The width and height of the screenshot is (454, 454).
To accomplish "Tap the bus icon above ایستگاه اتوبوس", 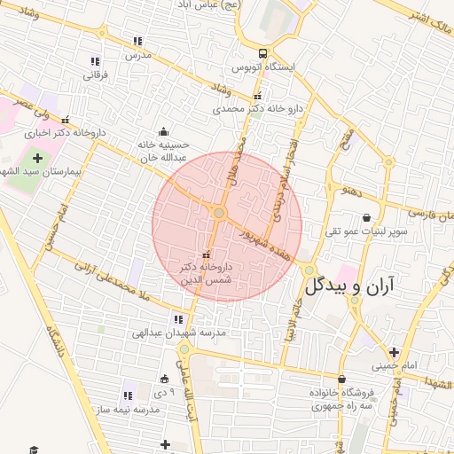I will pyautogui.click(x=262, y=52).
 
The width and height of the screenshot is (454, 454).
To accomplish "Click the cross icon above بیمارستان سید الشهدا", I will pyautogui.click(x=37, y=157).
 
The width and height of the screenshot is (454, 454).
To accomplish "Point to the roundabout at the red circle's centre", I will pyautogui.click(x=219, y=213).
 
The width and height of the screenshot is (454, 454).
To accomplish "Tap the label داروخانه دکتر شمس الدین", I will pyautogui.click(x=205, y=272).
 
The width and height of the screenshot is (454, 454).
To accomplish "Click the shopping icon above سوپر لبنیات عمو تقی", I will pyautogui.click(x=367, y=217).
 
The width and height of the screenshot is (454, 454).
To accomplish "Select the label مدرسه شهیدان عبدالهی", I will pyautogui.click(x=178, y=333).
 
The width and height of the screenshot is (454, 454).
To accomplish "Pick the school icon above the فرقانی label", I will pyautogui.click(x=95, y=61).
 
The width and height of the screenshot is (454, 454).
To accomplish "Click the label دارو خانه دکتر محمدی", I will pyautogui.click(x=257, y=109).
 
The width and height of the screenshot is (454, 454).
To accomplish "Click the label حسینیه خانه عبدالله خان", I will pyautogui.click(x=161, y=151).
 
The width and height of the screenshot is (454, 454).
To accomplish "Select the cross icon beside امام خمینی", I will pyautogui.click(x=393, y=351).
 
